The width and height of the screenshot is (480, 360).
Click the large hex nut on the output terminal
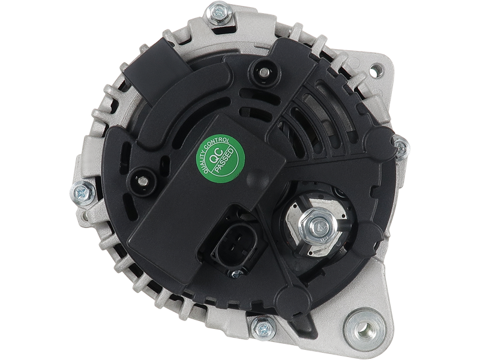coord(319,227)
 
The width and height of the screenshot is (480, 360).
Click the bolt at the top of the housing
coord(218,13)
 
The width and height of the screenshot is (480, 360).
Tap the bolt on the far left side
coord(83,193)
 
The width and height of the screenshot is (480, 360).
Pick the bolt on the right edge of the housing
coord(401,148)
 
